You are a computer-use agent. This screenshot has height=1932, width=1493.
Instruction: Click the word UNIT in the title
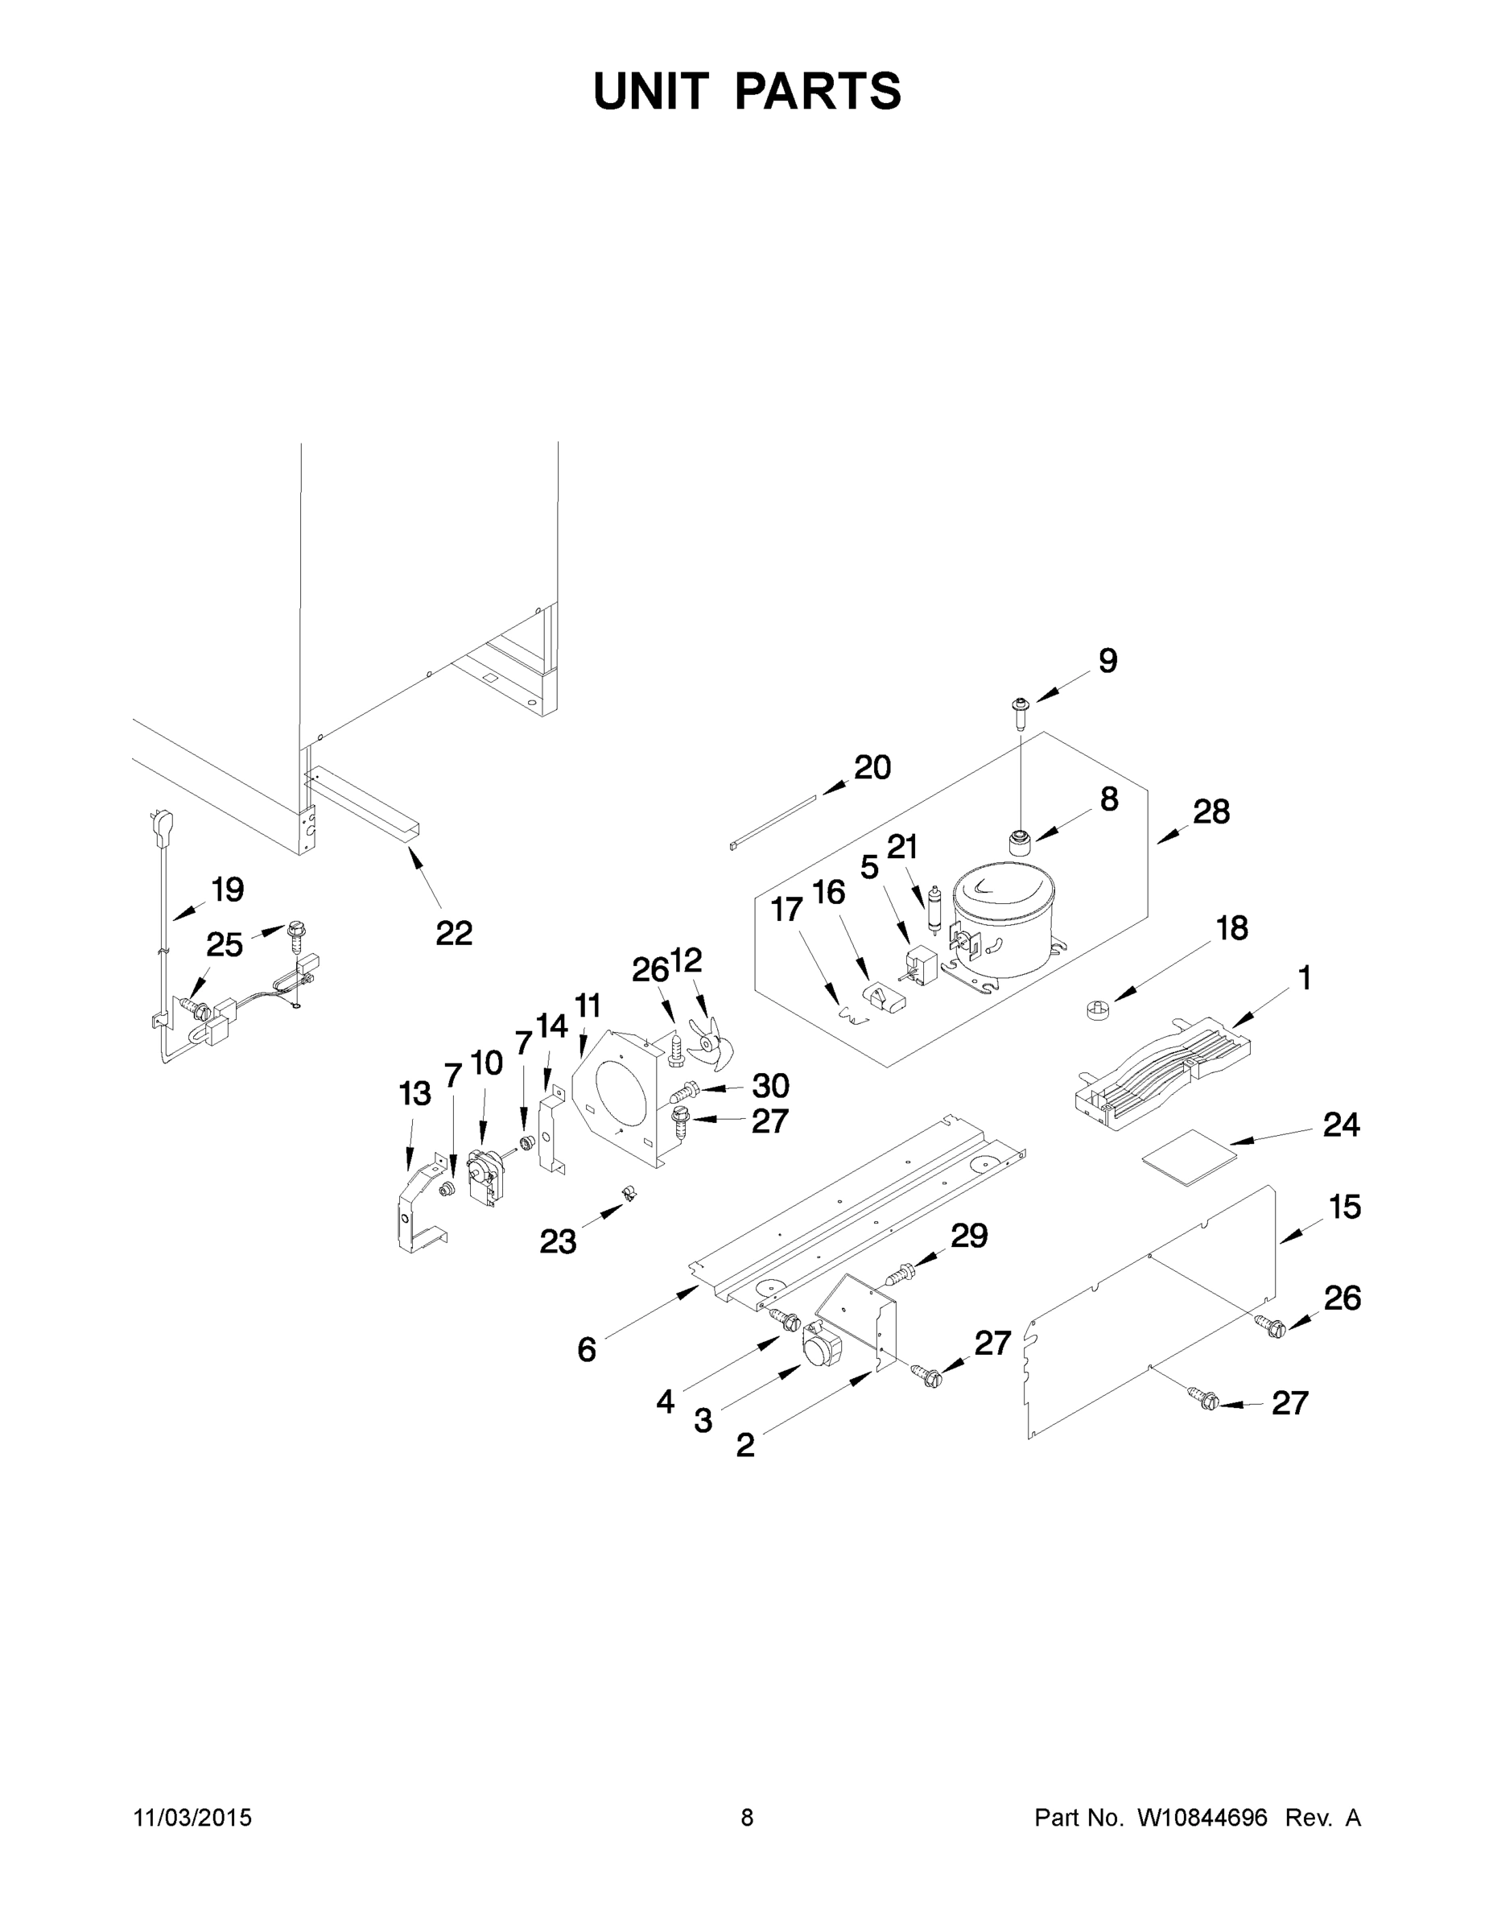pyautogui.click(x=651, y=91)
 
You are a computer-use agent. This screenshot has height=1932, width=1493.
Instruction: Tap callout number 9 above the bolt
pyautogui.click(x=1107, y=661)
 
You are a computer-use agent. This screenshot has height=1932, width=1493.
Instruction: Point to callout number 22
pyautogui.click(x=454, y=932)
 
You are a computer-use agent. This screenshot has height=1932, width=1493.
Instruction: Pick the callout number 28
pyautogui.click(x=1210, y=811)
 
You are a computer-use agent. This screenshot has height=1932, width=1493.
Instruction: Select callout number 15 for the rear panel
pyautogui.click(x=1344, y=1207)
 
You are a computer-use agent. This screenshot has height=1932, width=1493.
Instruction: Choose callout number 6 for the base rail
pyautogui.click(x=587, y=1349)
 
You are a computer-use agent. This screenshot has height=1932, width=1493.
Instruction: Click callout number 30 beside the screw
pyautogui.click(x=769, y=1085)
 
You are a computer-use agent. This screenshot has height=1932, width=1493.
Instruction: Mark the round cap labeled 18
pyautogui.click(x=1095, y=1009)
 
